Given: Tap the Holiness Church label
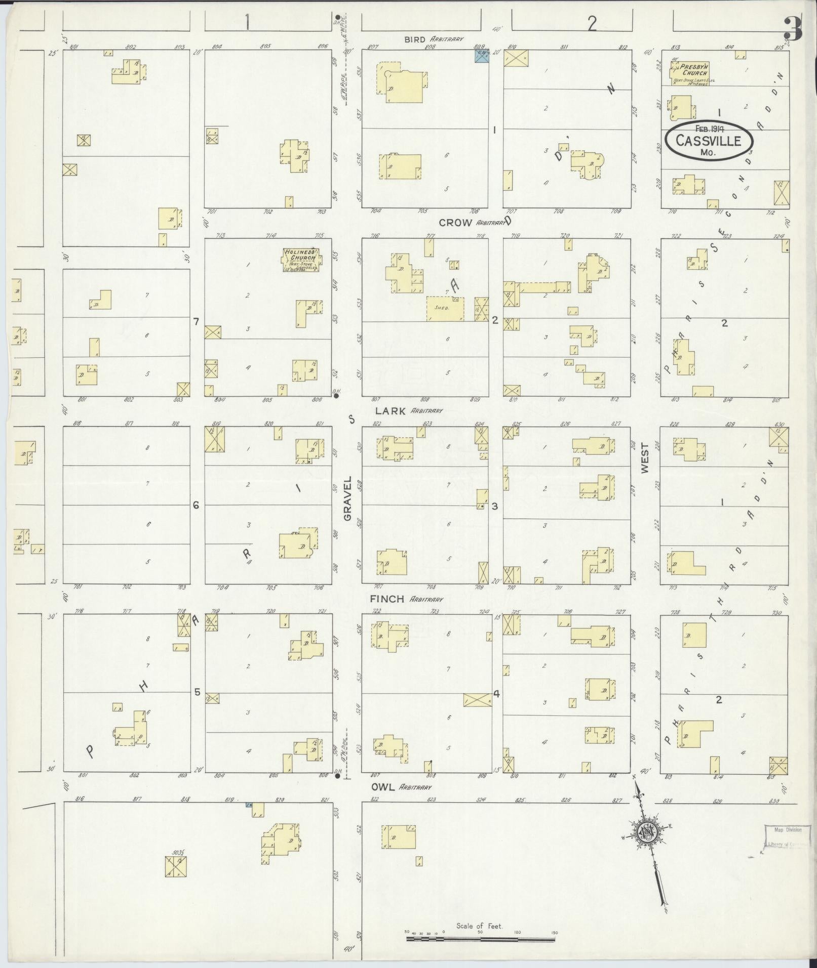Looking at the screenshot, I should [x=301, y=255].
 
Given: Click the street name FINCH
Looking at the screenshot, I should [x=387, y=599].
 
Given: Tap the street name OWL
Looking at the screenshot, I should [x=382, y=787].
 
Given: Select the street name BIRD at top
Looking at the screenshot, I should [x=416, y=38].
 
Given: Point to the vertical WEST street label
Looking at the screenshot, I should [x=645, y=458].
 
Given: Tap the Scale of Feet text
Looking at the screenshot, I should [x=479, y=926].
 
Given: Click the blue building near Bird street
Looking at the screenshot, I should [x=482, y=56].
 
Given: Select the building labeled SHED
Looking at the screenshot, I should [x=445, y=308].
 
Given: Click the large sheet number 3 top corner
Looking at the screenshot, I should [x=793, y=29].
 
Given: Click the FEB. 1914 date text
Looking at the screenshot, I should [x=708, y=129].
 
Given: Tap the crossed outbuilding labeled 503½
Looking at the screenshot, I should [x=176, y=867].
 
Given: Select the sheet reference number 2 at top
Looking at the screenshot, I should [x=591, y=23].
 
